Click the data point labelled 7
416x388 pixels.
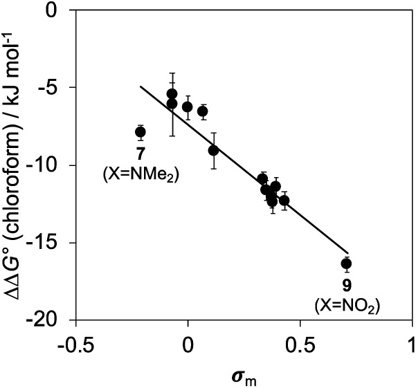pyautogui.click(x=141, y=131)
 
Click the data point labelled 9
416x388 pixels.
pyautogui.click(x=346, y=264)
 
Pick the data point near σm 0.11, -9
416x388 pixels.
pyautogui.click(x=213, y=150)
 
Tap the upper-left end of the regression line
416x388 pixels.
pyautogui.click(x=141, y=86)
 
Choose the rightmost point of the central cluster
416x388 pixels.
pyautogui.click(x=284, y=200)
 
